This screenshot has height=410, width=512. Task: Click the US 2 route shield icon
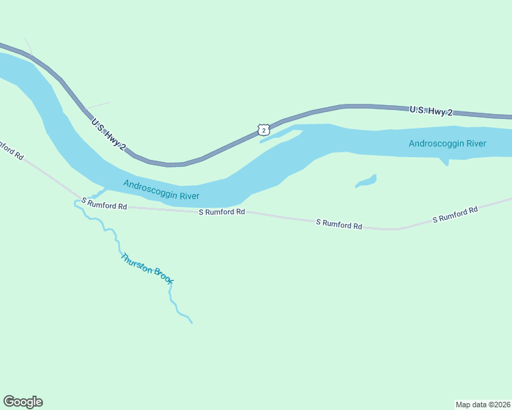coord(264,130)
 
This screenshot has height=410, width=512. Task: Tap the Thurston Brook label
coord(147,269)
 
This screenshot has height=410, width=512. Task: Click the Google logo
coord(23,402)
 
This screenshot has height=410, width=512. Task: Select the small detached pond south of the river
coord(366,181)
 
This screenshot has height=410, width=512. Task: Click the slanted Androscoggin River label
coord(161,190)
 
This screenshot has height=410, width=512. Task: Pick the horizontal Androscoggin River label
coord(447,143)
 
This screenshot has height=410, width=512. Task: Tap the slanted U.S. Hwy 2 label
coord(109,134)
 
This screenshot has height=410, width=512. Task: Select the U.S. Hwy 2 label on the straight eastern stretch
coord(431,111)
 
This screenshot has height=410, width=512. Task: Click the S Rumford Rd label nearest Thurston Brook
coord(104,204)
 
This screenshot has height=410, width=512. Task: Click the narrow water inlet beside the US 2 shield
coord(281,135)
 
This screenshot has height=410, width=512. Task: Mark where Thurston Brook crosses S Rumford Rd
coord(77,200)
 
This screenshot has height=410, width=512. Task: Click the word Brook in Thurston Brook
coord(163,277)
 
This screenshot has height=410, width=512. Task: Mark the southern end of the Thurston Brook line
coord(192,322)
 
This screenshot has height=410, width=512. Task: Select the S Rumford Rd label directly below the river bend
coord(222,213)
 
